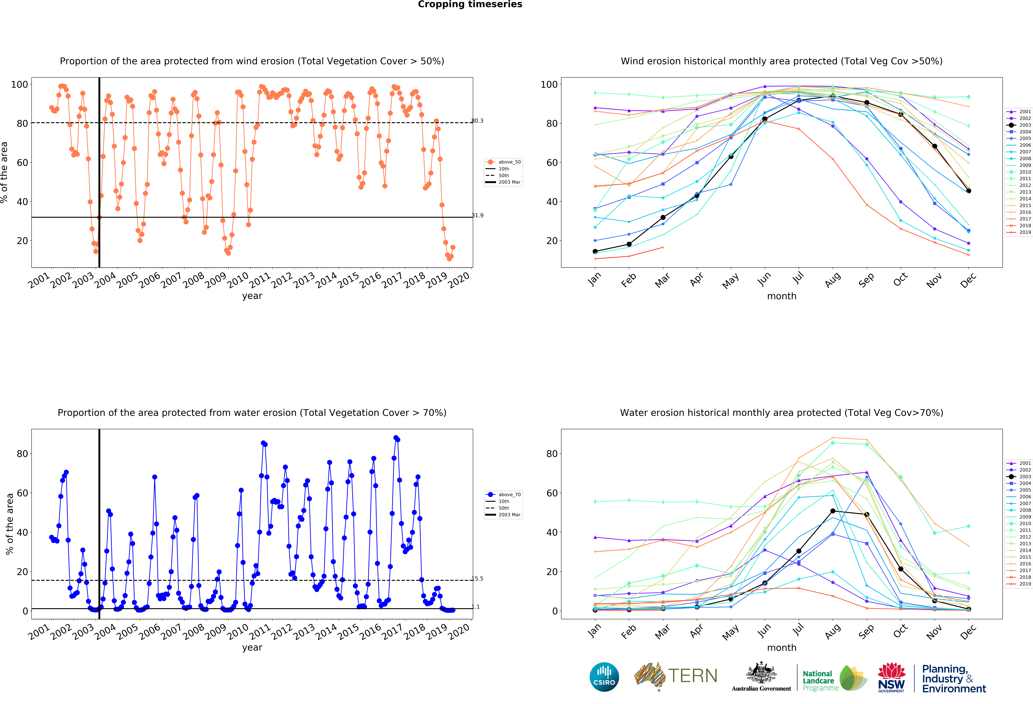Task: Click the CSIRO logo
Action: click(x=604, y=677)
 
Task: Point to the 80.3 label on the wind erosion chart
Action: click(x=477, y=120)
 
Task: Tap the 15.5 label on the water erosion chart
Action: click(x=477, y=578)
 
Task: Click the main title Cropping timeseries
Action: click(x=470, y=4)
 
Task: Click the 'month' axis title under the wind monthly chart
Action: click(x=781, y=296)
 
